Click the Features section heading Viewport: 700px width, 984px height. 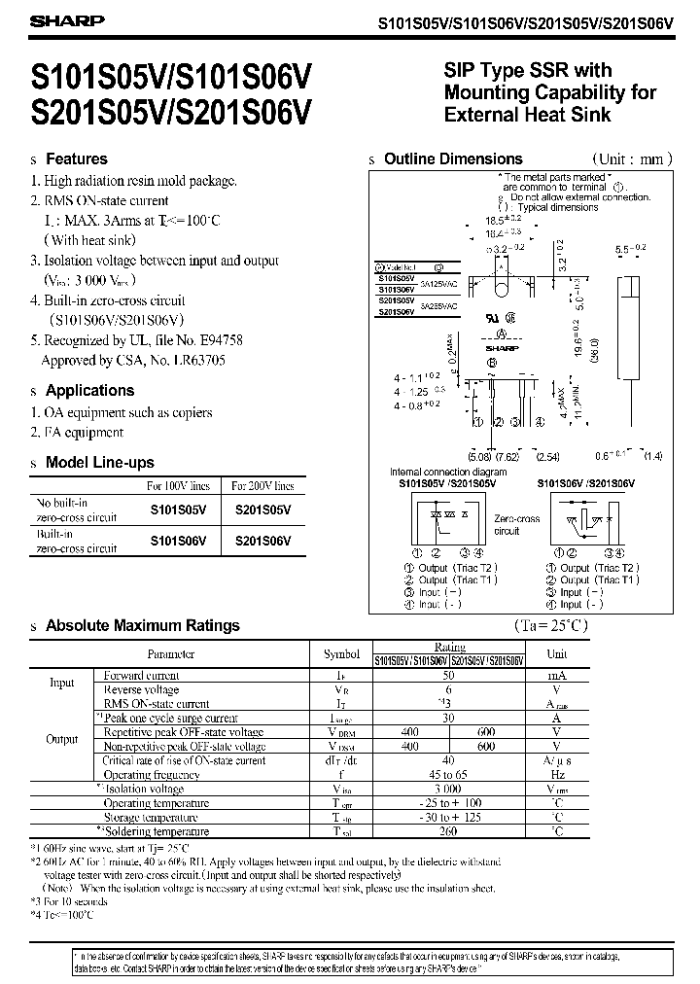77,158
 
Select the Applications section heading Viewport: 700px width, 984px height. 90,390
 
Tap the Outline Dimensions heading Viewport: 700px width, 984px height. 453,158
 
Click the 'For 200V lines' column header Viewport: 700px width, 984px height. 262,485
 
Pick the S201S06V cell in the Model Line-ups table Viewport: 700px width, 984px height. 262,541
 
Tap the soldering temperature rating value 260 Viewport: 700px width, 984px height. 449,831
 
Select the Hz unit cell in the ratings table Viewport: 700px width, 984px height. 558,775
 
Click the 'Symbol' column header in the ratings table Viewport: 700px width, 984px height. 340,654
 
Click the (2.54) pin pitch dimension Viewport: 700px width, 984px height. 549,455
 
